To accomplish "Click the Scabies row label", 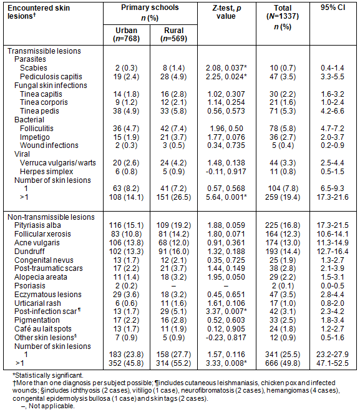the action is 34,68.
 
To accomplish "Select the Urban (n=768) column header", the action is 126,34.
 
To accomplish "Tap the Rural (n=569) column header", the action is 174,34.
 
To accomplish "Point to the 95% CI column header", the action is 333,7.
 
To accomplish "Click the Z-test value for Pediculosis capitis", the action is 226,76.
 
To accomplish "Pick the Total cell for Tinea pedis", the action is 283,111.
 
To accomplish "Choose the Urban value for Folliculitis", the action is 126,128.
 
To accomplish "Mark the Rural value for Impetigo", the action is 173,137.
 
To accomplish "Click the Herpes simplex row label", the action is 46,171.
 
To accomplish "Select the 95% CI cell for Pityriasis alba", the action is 333,225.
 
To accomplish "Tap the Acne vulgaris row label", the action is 37,243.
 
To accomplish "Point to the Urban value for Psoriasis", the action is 126,286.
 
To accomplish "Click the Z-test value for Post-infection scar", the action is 226,311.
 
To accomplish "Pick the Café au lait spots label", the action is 43,329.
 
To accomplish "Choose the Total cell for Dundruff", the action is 283,251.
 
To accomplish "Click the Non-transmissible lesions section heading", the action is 51,217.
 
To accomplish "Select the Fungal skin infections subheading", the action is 51,85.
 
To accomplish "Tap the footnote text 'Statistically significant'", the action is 49,375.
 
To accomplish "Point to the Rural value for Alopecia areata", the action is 173,277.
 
